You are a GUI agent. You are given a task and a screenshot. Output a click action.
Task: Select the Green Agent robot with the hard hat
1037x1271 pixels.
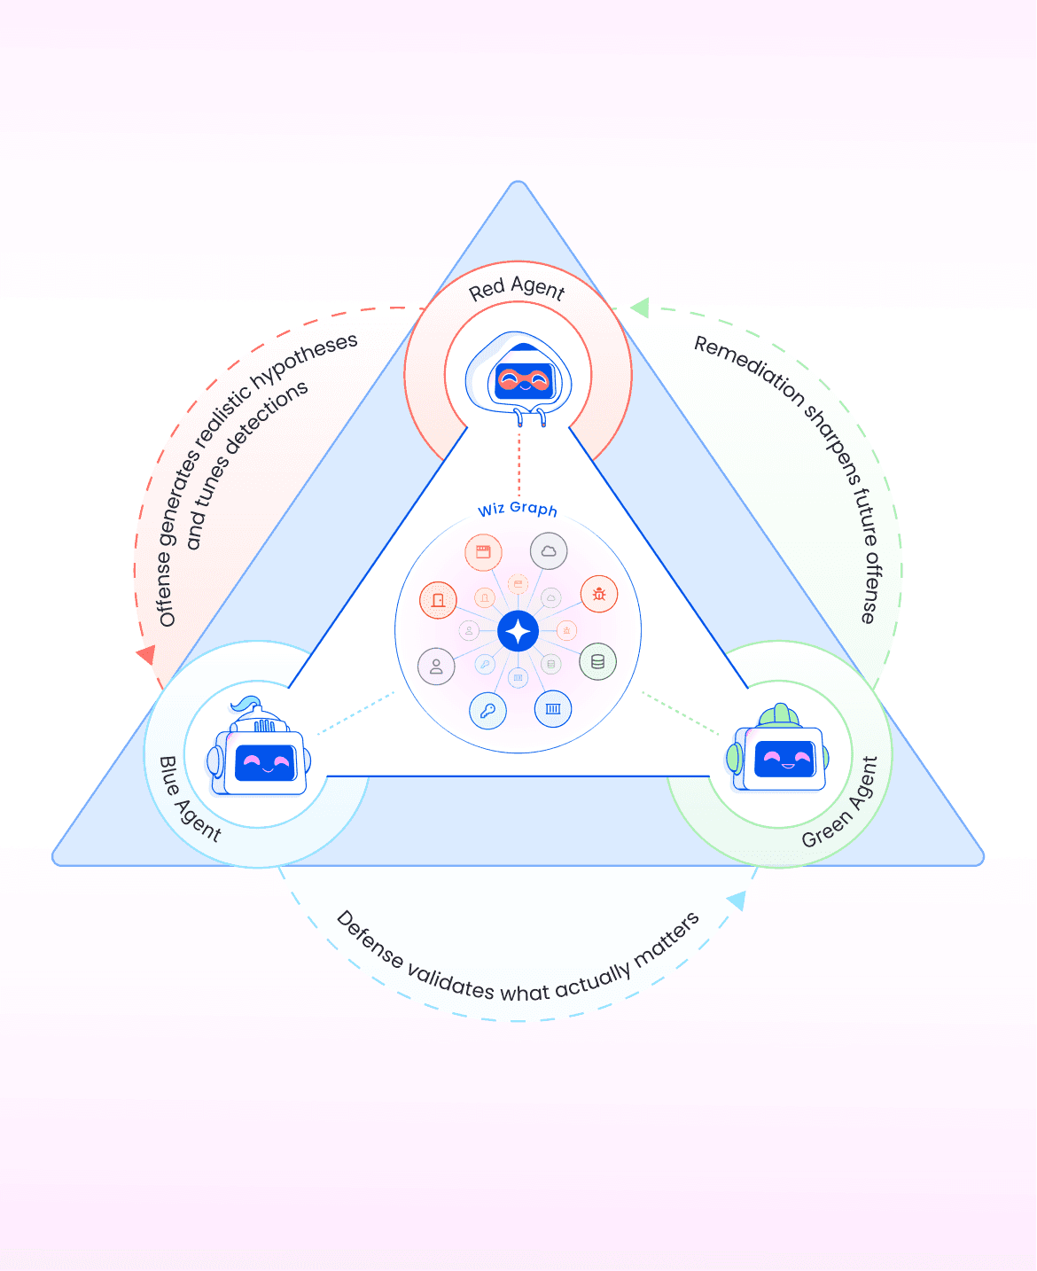point(780,753)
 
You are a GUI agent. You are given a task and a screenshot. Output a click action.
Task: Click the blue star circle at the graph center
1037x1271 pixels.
point(518,632)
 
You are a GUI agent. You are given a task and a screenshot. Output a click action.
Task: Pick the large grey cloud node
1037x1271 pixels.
point(549,551)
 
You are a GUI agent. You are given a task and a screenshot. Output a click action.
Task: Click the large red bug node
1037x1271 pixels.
point(599,594)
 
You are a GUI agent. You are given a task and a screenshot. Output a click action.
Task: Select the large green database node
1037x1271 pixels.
point(598,662)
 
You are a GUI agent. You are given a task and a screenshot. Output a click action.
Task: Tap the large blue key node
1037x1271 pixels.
point(487,711)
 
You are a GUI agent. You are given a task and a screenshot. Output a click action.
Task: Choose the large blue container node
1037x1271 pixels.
point(553,709)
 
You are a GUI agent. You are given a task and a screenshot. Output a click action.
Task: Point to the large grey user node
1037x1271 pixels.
point(436,667)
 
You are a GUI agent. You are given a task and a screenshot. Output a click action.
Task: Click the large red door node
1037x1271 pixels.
point(438,600)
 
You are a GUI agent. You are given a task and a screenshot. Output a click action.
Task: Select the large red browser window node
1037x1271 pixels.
point(483,553)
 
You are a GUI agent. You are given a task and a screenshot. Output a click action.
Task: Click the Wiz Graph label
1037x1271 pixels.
point(518,509)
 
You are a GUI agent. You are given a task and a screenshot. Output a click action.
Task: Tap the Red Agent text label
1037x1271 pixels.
point(517,288)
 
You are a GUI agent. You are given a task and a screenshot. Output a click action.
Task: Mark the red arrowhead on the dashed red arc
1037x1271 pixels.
point(146,655)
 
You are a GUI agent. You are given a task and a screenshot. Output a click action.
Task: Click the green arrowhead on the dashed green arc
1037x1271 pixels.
point(640,308)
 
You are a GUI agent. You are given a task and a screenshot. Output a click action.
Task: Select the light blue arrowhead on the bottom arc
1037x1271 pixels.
point(737,901)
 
